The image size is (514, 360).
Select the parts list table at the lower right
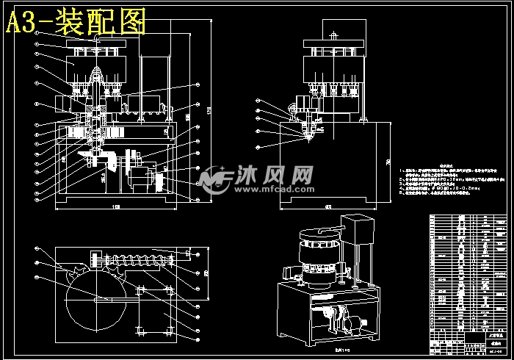468,280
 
